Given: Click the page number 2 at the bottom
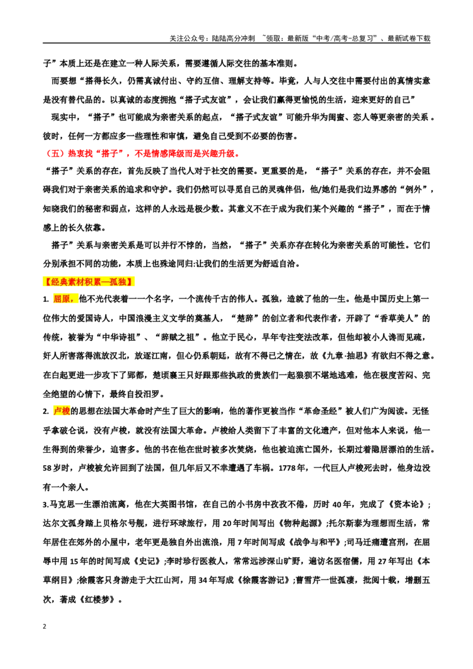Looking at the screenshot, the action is click(x=44, y=626).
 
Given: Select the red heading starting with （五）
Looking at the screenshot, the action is click(x=142, y=154).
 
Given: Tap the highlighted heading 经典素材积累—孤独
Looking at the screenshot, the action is click(x=89, y=281).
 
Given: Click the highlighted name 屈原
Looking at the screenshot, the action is click(x=64, y=299).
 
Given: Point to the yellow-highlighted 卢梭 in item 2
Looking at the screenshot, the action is click(x=61, y=411).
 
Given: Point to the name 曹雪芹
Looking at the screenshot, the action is click(x=308, y=580).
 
